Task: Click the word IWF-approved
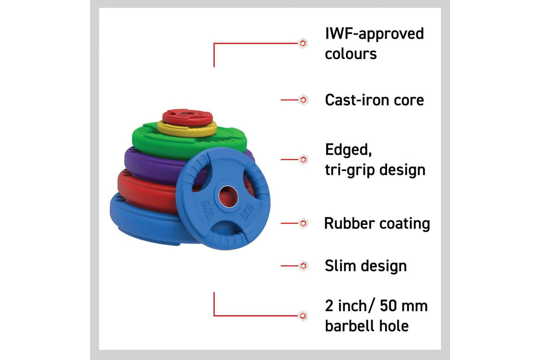click(x=374, y=34)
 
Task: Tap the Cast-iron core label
click(x=374, y=100)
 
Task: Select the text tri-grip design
click(x=375, y=170)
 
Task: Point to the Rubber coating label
click(x=377, y=224)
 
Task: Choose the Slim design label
click(x=366, y=266)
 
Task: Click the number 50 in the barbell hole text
click(x=388, y=306)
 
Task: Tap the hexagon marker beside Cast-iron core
click(x=303, y=100)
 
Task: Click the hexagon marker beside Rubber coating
click(x=303, y=223)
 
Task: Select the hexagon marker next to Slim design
click(x=303, y=266)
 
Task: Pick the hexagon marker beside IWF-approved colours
click(x=303, y=43)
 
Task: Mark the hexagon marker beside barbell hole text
click(x=303, y=315)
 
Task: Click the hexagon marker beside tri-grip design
click(x=303, y=159)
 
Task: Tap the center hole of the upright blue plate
click(x=228, y=197)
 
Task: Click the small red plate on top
click(x=188, y=117)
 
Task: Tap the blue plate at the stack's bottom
click(x=144, y=222)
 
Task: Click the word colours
click(x=351, y=54)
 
